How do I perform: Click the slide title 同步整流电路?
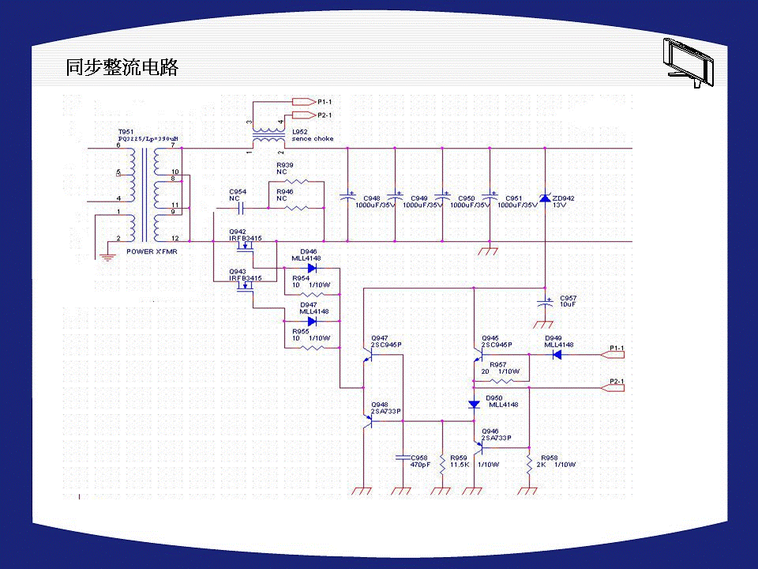(122, 68)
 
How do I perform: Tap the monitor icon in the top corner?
(688, 62)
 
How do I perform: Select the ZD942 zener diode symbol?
(545, 198)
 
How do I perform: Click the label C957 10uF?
(568, 301)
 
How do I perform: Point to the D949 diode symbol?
(557, 355)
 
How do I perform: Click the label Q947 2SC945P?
(386, 341)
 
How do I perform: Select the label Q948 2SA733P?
(386, 408)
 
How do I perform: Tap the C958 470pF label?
(419, 461)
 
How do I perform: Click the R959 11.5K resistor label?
(460, 461)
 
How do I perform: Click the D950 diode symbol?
(474, 405)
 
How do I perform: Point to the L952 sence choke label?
(312, 135)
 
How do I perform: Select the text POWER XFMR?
(152, 251)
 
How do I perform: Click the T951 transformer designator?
(126, 131)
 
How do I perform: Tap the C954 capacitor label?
(238, 195)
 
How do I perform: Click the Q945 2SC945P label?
(497, 341)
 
